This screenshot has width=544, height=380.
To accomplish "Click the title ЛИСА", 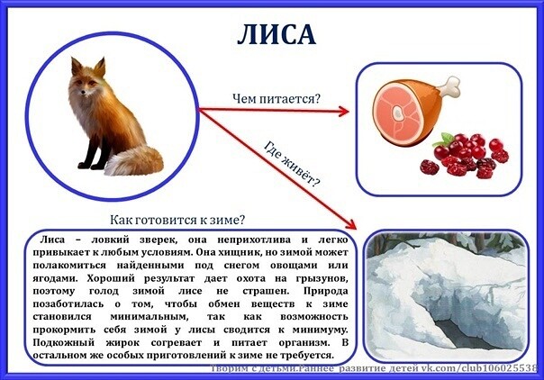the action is click(x=277, y=35).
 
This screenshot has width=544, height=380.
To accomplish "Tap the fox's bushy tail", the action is click(x=134, y=161).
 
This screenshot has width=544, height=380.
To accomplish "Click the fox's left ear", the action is click(x=77, y=67).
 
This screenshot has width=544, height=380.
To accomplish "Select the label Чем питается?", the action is click(x=277, y=99).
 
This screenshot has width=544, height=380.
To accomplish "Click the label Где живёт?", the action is click(x=292, y=163).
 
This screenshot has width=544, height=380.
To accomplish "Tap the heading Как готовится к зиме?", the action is click(x=177, y=220).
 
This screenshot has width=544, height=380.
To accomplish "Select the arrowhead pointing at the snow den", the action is click(x=350, y=223).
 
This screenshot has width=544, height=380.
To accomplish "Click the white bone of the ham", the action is click(x=450, y=87).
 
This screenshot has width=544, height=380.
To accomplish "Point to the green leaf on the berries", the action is click(x=444, y=140).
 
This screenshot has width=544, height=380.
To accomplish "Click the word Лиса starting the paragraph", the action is click(x=52, y=240).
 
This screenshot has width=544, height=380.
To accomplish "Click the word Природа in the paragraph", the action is click(x=325, y=291).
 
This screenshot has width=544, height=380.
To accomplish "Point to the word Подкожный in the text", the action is click(x=63, y=342).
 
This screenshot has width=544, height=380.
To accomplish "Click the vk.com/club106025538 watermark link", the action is click(x=479, y=368).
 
